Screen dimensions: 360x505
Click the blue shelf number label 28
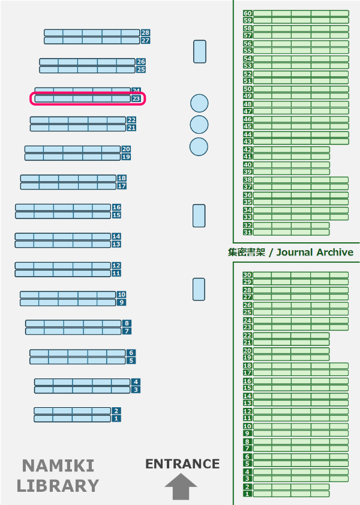tap(145, 32)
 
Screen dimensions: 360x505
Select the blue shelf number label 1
tap(116, 419)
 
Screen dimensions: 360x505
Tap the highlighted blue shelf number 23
tap(136, 98)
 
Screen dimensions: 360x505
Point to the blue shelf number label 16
tap(116, 207)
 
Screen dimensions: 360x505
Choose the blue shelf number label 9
tap(122, 302)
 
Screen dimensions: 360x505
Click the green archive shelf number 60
tap(248, 13)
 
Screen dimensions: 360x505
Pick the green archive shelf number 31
tap(248, 232)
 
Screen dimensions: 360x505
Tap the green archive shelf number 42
tap(248, 149)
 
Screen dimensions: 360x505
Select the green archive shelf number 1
tap(247, 494)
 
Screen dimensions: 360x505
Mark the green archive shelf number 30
tap(247, 275)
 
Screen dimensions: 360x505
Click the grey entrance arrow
tap(181, 486)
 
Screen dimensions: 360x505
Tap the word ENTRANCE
tap(182, 464)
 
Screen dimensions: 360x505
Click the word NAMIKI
tap(58, 465)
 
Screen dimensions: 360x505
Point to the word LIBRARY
tap(58, 486)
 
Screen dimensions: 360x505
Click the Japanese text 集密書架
tap(247, 252)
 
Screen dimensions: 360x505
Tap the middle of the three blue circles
tap(199, 125)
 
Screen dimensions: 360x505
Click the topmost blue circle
tap(199, 103)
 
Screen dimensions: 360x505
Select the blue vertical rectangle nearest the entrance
tap(199, 289)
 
